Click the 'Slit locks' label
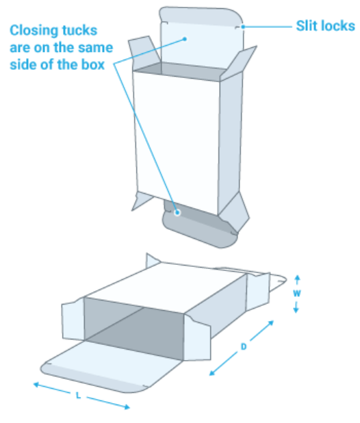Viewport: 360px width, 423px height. point(326,26)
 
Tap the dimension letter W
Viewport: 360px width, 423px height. point(296,293)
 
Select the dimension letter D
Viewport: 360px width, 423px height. point(244,346)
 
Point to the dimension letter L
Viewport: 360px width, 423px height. point(78,396)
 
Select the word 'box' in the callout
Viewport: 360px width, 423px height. point(92,65)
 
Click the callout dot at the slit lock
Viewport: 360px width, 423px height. point(243,27)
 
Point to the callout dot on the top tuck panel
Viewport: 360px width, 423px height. point(185,39)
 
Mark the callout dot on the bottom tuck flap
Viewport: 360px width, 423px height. point(177,213)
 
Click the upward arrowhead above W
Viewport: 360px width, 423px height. point(297,277)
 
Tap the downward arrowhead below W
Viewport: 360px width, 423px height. point(296,311)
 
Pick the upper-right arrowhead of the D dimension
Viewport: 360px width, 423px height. point(271,322)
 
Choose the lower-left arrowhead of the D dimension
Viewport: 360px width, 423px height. point(212,373)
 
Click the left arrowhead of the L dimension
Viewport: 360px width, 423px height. point(36,385)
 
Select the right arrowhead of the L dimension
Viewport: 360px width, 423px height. point(127,407)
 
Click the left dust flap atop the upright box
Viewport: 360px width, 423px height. point(144,53)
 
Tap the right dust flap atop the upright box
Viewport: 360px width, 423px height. point(237,62)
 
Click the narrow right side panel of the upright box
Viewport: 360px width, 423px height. point(230,143)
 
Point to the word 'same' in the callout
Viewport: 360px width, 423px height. point(97,48)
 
